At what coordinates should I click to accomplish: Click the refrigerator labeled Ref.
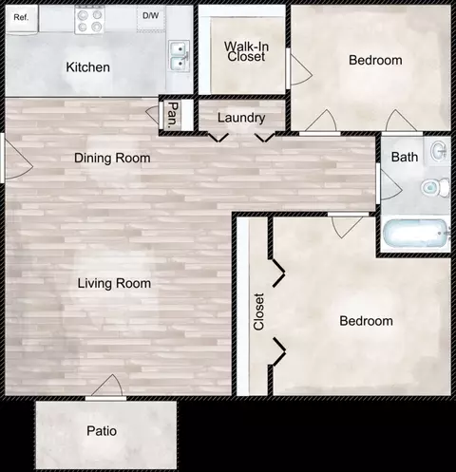pyautogui.click(x=22, y=18)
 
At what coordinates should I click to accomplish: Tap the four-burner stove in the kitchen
pyautogui.click(x=89, y=20)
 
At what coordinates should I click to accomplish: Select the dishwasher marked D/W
pyautogui.click(x=151, y=18)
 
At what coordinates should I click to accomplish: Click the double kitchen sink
pyautogui.click(x=180, y=56)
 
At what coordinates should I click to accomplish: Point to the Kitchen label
pyautogui.click(x=88, y=67)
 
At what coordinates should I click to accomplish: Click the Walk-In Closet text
pyautogui.click(x=246, y=51)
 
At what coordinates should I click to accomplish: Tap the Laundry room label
pyautogui.click(x=241, y=118)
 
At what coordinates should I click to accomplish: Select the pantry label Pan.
pyautogui.click(x=173, y=115)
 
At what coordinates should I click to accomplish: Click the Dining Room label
pyautogui.click(x=112, y=158)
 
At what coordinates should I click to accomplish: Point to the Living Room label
pyautogui.click(x=114, y=283)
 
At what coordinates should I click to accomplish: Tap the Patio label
pyautogui.click(x=102, y=431)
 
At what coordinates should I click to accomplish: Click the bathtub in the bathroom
pyautogui.click(x=416, y=234)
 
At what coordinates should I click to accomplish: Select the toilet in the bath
pyautogui.click(x=435, y=187)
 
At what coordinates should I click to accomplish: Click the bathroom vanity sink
pyautogui.click(x=440, y=151)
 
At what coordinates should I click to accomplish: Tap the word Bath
pyautogui.click(x=405, y=157)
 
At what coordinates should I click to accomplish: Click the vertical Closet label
pyautogui.click(x=258, y=312)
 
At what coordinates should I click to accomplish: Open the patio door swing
pyautogui.click(x=106, y=387)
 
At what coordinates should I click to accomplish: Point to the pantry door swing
pyautogui.click(x=154, y=114)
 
